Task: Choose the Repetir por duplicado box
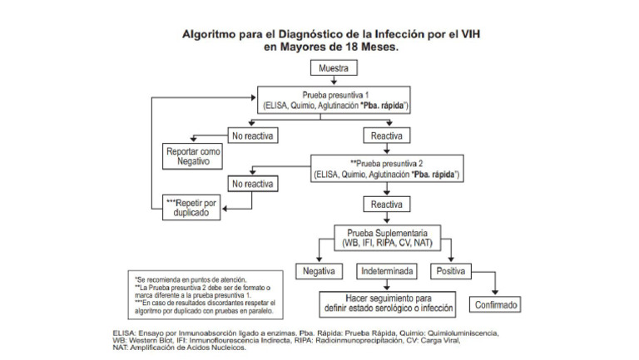point(193,208)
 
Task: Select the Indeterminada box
point(389,271)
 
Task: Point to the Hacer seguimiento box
point(389,303)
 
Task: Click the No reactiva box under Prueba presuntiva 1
point(252,135)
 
